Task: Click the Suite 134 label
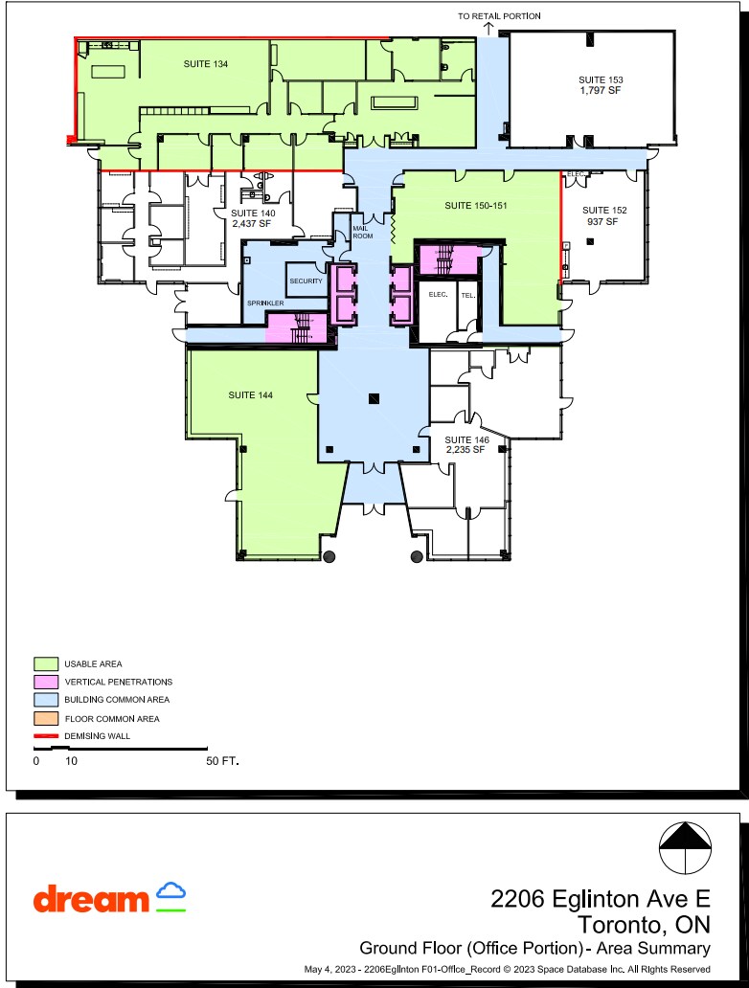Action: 206,63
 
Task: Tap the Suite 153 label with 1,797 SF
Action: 601,84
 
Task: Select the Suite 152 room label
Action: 601,215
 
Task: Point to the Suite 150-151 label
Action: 475,206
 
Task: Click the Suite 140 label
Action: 253,218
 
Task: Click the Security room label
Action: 306,281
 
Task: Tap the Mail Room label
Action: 361,232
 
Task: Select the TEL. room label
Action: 467,296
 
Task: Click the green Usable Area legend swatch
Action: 45,663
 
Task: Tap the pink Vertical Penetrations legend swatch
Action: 45,682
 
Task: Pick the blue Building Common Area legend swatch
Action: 45,700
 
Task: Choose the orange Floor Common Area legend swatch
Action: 45,718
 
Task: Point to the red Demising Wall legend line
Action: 45,736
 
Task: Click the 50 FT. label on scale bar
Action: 222,762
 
